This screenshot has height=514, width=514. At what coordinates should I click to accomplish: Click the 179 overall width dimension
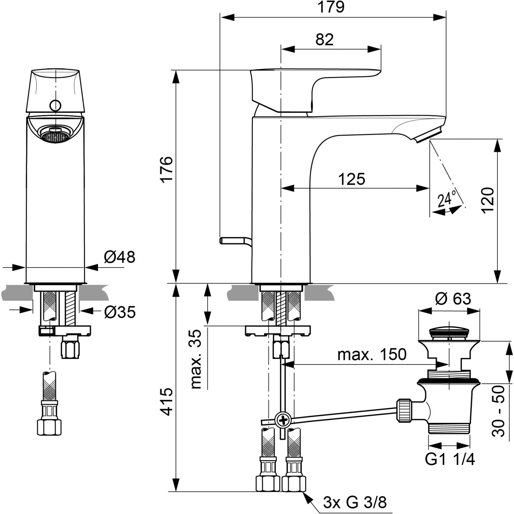331,8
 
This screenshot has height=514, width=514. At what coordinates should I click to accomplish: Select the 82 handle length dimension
324,40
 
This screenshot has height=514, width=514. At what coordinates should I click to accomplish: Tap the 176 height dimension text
167,169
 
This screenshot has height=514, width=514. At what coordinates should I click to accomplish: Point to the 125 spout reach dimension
352,179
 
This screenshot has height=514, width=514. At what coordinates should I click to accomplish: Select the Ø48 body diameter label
119,257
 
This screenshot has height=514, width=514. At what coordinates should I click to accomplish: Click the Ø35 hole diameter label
120,312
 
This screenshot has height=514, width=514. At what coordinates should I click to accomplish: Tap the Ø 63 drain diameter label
453,299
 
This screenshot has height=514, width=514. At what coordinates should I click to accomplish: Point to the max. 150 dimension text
372,354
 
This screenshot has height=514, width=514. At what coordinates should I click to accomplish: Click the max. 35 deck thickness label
196,359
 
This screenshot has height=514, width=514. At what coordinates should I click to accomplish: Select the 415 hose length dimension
167,401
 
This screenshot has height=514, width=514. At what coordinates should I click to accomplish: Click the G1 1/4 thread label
450,459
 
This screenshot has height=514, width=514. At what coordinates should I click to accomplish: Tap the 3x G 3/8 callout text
355,502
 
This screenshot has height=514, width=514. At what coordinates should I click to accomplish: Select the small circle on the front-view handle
55,105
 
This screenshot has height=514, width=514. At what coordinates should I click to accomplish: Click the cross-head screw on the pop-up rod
283,419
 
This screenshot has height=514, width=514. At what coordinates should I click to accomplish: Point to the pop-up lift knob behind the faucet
233,240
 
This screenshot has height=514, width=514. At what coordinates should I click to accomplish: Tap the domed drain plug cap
449,331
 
